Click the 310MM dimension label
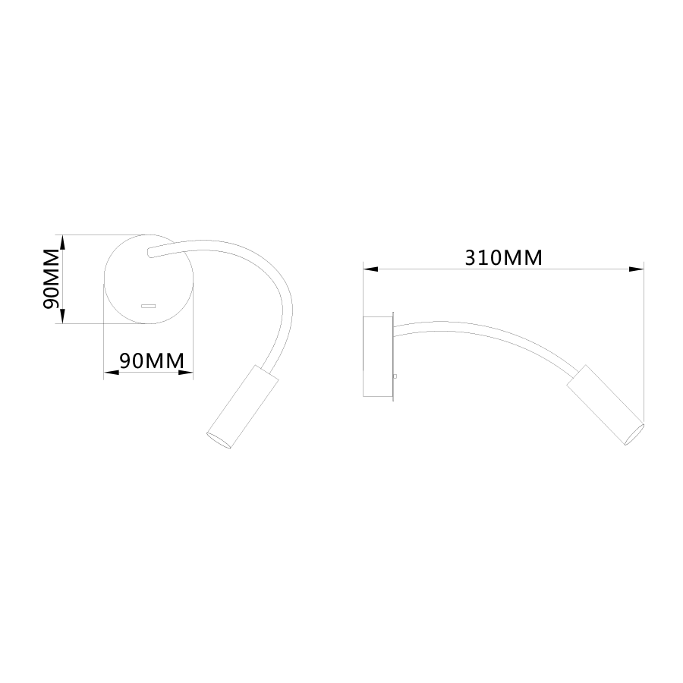[x=503, y=258]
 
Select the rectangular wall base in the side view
[x=378, y=357]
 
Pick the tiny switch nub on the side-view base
[x=395, y=376]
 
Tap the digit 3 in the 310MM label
[x=471, y=258]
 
